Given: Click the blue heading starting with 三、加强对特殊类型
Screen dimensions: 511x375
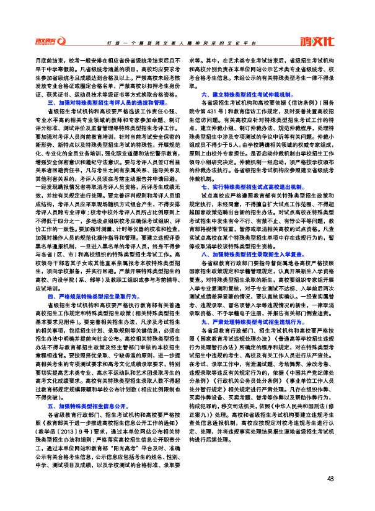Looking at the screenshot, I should (x=107, y=102).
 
